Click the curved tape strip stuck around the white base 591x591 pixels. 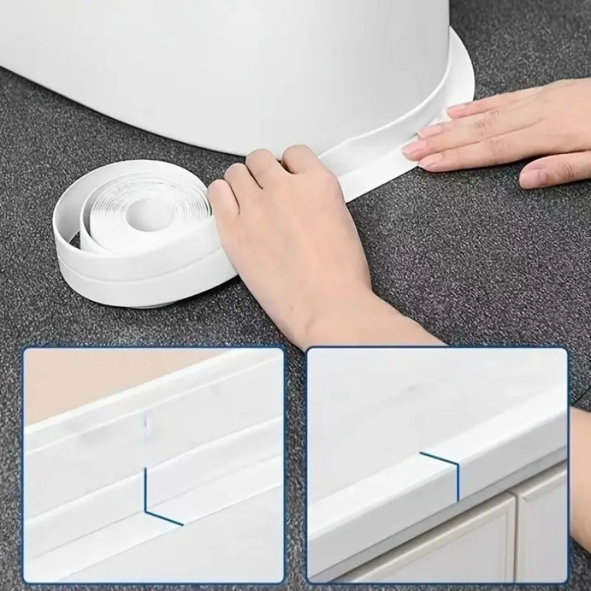(x=414, y=124)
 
